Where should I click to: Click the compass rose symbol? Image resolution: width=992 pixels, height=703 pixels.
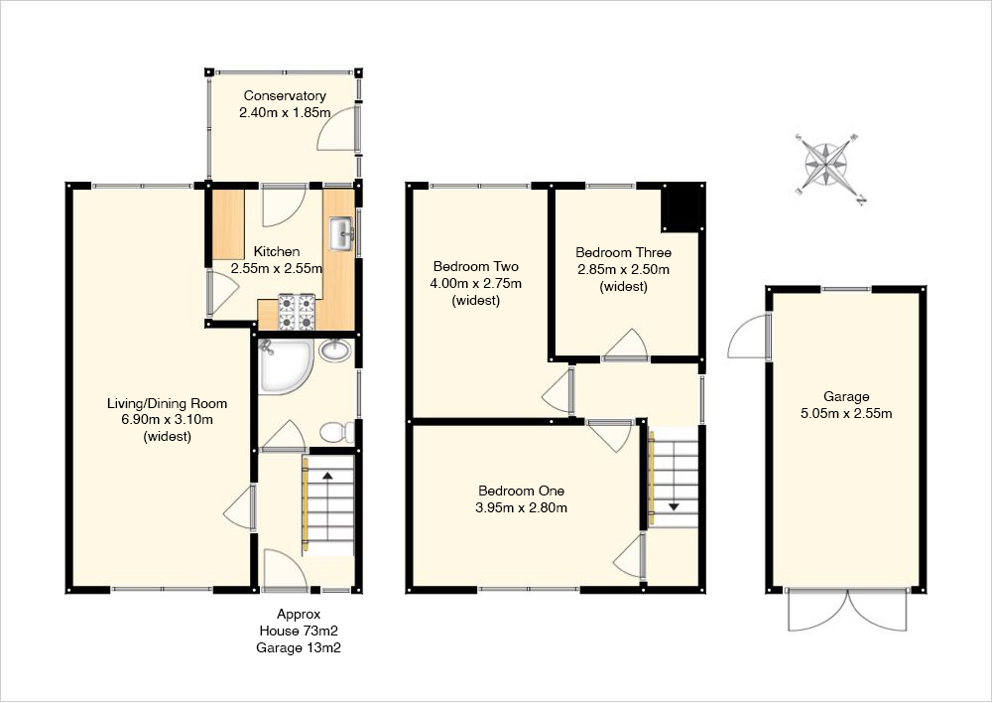[827, 165]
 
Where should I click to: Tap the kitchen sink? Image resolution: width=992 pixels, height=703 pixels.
[341, 233]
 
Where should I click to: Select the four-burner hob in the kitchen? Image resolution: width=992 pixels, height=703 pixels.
[298, 312]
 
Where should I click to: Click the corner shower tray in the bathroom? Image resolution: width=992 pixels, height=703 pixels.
[285, 366]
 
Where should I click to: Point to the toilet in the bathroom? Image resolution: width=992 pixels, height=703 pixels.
[338, 432]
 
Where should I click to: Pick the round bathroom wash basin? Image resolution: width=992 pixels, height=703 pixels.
[335, 351]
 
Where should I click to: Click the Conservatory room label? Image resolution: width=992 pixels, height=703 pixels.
[285, 95]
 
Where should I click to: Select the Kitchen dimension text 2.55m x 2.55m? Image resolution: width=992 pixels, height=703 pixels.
[277, 268]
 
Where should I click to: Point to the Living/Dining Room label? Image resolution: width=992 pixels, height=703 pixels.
[167, 403]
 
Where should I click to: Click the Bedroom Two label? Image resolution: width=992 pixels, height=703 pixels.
[476, 266]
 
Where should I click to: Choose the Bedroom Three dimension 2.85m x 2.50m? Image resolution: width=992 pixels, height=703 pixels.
[623, 269]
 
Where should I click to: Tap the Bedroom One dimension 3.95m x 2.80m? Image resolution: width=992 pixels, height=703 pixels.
[522, 507]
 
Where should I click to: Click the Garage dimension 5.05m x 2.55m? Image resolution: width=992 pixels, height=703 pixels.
[846, 414]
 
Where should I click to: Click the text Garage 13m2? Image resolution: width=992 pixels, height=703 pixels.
[299, 648]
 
